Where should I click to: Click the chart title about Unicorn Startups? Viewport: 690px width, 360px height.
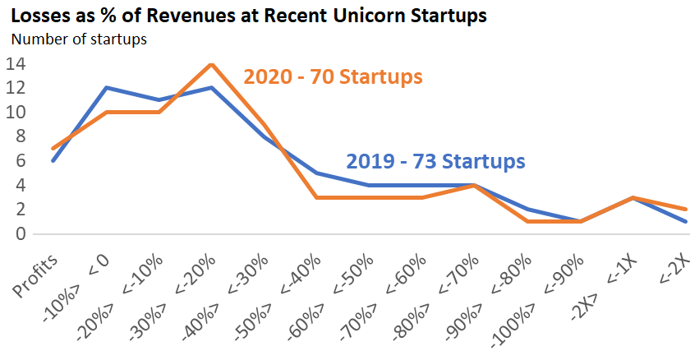pyautogui.click(x=244, y=15)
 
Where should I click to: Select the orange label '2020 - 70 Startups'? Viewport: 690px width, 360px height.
pyautogui.click(x=333, y=77)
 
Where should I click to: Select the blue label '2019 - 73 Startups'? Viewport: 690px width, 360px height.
pyautogui.click(x=435, y=160)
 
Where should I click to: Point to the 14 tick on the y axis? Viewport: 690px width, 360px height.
pyautogui.click(x=16, y=64)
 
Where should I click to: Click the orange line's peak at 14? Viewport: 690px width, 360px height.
pyautogui.click(x=212, y=64)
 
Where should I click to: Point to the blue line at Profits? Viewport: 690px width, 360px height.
pyautogui.click(x=52, y=160)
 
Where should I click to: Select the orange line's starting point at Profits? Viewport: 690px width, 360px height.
pyautogui.click(x=52, y=149)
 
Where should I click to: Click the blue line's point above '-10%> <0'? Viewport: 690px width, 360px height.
pyautogui.click(x=105, y=88)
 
